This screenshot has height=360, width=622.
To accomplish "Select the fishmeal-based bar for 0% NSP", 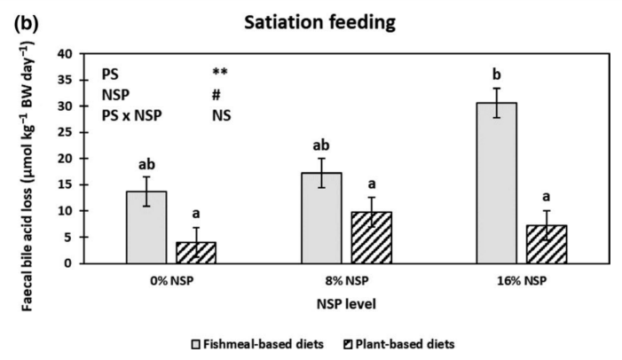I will click(x=146, y=227).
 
